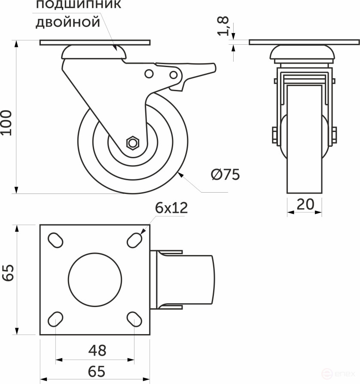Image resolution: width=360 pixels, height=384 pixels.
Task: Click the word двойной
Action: [x=67, y=22]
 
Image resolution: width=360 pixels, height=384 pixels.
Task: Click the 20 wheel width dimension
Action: [x=305, y=204]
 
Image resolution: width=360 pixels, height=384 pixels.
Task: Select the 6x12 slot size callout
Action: [x=172, y=208]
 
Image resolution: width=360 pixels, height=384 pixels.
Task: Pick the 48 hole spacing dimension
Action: [x=98, y=350]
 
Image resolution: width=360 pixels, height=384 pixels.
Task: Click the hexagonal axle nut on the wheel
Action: [x=132, y=143]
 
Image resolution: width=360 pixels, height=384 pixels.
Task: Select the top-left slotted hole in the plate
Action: [x=55, y=240]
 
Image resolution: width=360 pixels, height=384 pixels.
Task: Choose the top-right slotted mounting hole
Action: [x=134, y=240]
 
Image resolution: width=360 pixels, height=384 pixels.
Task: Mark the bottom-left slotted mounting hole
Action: [x=55, y=319]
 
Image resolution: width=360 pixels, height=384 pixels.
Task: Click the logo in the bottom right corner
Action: [x=342, y=374]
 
